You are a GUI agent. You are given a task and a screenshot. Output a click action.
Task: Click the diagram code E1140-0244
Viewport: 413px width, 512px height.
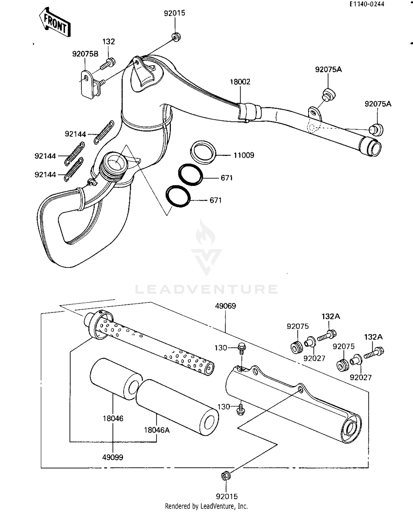[x=367, y=4]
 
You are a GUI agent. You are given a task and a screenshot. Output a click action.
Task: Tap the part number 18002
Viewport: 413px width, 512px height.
[x=240, y=82]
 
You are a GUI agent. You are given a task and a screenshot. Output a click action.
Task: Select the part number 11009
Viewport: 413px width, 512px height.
[x=244, y=155]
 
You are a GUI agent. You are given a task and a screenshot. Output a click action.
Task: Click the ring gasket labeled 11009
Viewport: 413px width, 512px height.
[x=203, y=153]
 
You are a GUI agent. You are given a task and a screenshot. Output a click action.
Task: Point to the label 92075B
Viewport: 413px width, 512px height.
[x=85, y=54]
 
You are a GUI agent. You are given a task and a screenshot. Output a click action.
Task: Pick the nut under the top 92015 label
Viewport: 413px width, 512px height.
[x=175, y=37]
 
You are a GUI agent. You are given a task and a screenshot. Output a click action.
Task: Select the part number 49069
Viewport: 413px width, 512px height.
[x=225, y=306]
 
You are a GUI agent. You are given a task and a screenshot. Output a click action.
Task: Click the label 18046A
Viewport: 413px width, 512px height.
[x=157, y=430]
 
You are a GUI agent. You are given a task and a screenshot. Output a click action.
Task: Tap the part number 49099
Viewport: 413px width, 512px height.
[x=113, y=457]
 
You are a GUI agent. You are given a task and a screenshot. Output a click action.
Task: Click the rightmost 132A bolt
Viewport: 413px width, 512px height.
[x=374, y=353]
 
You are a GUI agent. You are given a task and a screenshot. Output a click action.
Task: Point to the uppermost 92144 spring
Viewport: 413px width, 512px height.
[x=104, y=132]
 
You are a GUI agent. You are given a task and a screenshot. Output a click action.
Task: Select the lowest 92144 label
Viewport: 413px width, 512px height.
[x=45, y=175]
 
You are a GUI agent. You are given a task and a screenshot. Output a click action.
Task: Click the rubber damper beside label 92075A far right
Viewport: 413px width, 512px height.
[x=376, y=129]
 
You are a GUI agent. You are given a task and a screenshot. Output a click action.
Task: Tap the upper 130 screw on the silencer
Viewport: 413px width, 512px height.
[x=241, y=347]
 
